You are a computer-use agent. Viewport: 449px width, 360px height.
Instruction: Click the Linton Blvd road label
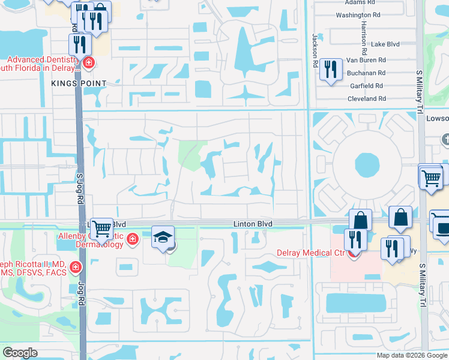[x=253, y=224]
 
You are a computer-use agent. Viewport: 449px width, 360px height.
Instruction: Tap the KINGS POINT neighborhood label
[x=79, y=83]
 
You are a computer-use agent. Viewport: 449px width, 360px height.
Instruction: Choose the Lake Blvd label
[x=385, y=44]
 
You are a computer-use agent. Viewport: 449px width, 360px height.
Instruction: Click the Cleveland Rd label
[x=367, y=98]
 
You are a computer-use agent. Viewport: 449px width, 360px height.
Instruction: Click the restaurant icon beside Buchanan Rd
[x=330, y=70]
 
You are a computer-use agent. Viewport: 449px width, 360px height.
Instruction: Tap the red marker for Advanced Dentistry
[x=88, y=62]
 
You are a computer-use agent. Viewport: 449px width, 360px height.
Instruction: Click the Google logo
[x=20, y=353]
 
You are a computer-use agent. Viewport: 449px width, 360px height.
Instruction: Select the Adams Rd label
[x=364, y=3]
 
